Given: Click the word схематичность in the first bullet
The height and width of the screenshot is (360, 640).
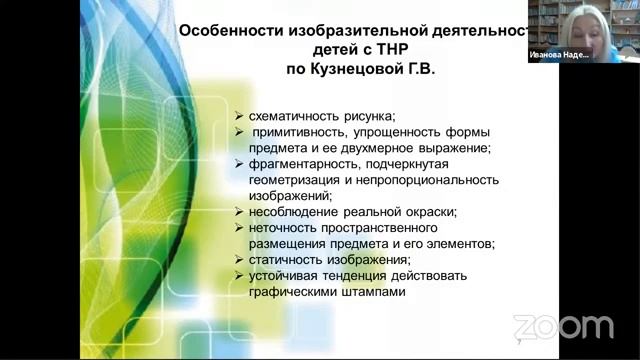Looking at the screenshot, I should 297,116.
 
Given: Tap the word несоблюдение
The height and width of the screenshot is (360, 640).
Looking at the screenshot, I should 292,211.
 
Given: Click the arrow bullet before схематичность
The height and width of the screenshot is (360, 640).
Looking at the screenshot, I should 239,116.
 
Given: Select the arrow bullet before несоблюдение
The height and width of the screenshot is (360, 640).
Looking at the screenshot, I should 239,211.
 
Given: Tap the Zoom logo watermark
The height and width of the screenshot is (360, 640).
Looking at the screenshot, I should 562,326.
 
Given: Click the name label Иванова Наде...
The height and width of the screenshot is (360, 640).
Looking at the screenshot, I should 559,57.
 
